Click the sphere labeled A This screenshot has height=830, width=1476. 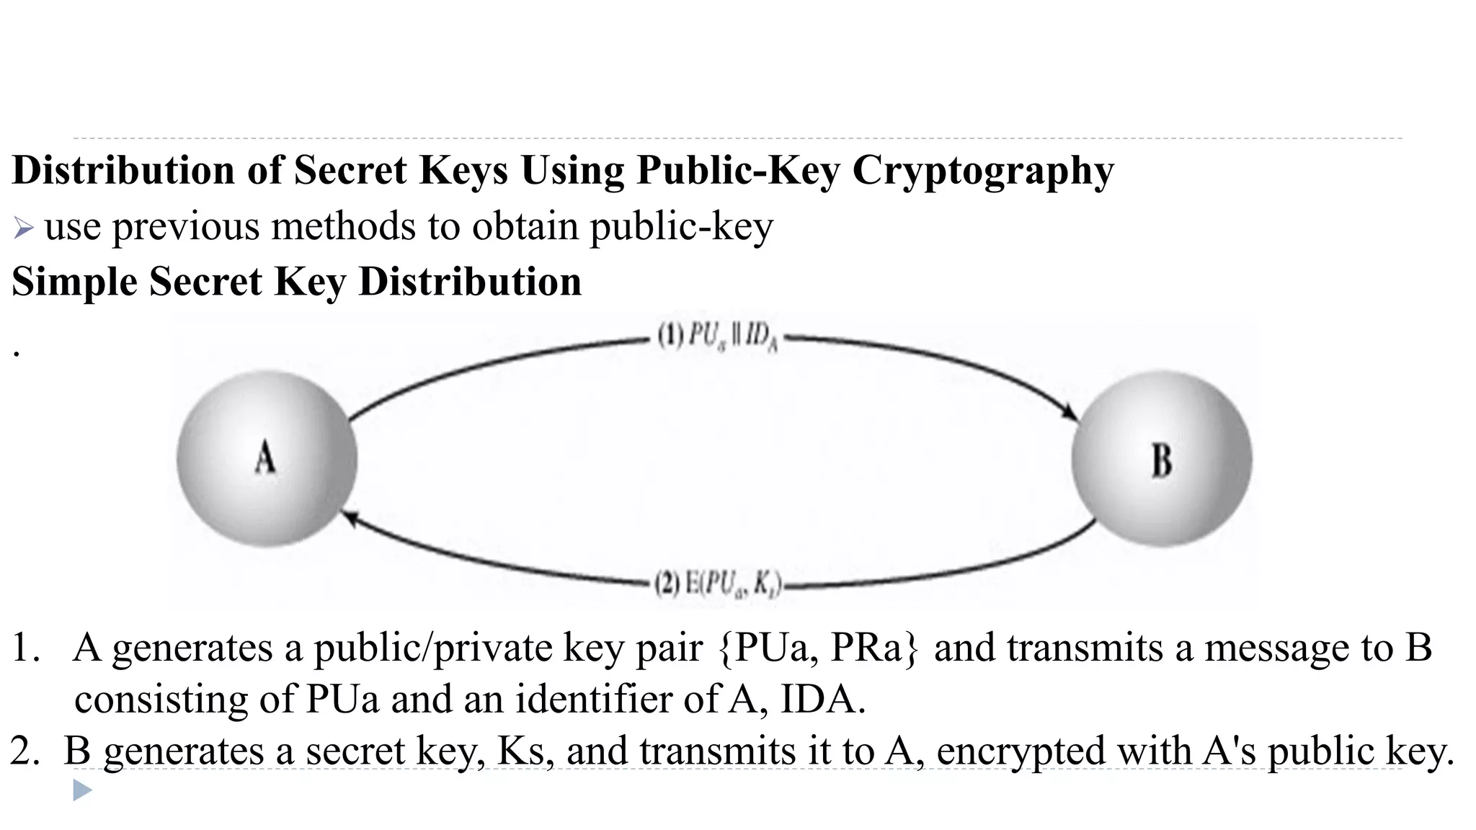(x=267, y=458)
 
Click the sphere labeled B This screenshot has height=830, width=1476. (x=1161, y=458)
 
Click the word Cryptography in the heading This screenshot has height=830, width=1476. (x=983, y=171)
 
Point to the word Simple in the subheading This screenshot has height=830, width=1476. (x=74, y=281)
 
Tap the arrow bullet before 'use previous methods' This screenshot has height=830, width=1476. (x=23, y=229)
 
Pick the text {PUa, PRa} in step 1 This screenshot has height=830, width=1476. (x=819, y=647)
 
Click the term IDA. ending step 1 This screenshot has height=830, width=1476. (x=822, y=699)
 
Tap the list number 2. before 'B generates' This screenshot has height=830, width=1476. (x=25, y=751)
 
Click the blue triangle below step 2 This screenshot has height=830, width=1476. (x=82, y=791)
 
